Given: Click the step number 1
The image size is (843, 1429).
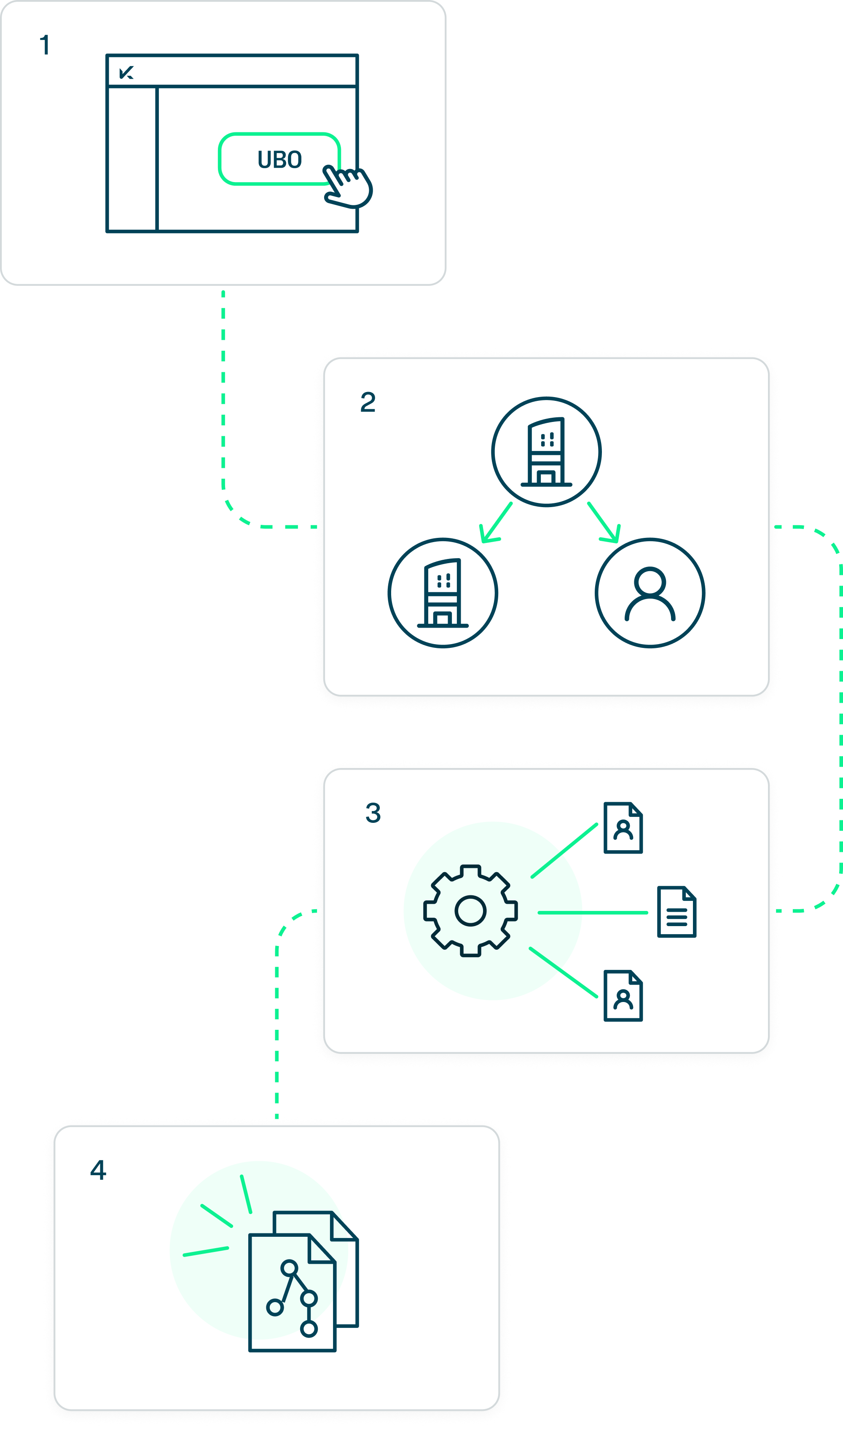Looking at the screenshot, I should click(x=44, y=46).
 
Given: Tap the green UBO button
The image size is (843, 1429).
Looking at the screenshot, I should click(x=279, y=159).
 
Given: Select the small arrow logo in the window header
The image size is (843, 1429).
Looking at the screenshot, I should click(x=126, y=72).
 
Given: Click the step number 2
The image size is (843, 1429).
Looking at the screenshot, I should click(x=368, y=403).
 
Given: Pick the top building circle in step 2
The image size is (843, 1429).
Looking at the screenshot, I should click(x=546, y=451).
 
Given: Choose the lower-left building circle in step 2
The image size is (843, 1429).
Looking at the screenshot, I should click(x=443, y=592).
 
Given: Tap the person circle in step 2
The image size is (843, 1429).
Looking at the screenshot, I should click(x=650, y=592).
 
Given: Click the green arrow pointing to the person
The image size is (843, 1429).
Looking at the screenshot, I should click(x=604, y=523).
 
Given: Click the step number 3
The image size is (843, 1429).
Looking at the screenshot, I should click(x=373, y=813).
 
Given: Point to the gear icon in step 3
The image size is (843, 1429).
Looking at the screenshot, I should click(x=470, y=911).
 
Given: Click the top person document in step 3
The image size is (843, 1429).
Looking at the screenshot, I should click(x=623, y=827).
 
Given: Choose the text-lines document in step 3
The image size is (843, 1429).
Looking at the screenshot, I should click(x=677, y=912).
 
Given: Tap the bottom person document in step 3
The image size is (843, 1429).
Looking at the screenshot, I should click(x=623, y=996).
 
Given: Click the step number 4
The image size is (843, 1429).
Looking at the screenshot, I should click(x=98, y=1170).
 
